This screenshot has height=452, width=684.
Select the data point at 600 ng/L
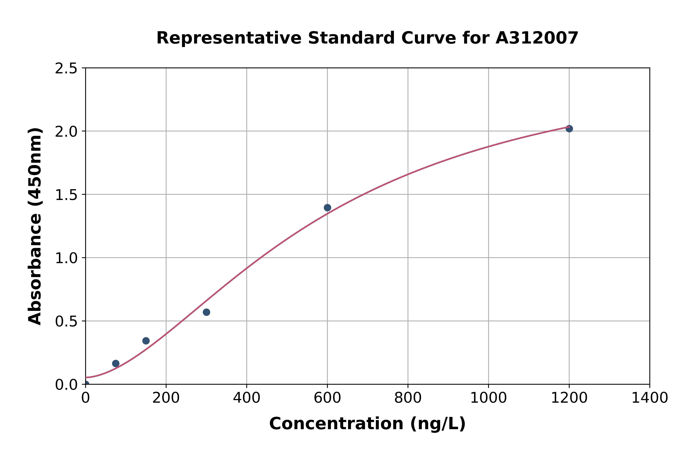coord(327,208)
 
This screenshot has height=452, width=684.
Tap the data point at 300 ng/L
coord(206,312)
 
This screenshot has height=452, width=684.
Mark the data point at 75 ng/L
coord(116,364)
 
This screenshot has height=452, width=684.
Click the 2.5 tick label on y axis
coord(66,69)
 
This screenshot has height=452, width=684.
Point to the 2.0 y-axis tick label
coord(66,132)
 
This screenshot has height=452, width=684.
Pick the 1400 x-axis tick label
coord(649,398)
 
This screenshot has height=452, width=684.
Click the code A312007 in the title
coord(537,38)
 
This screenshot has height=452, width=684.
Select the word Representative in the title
coord(229,38)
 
